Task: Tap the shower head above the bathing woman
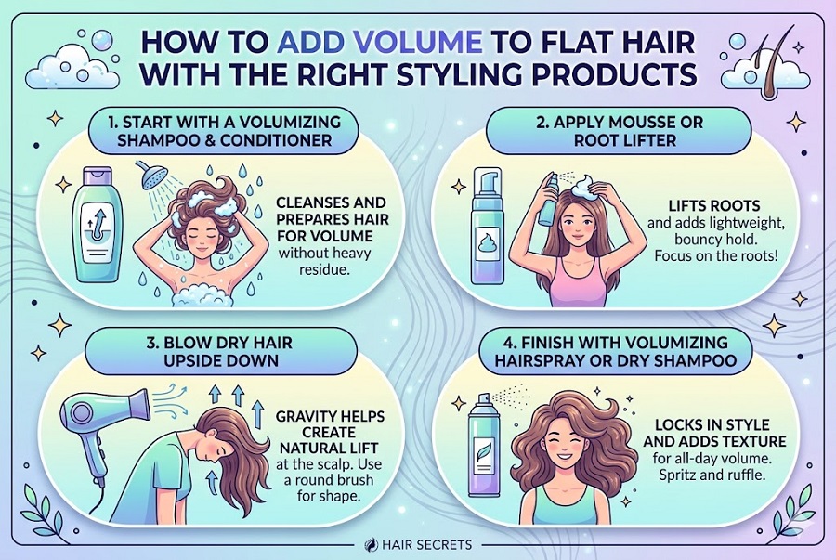click(x=153, y=175)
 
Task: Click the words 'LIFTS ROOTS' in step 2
click(x=714, y=205)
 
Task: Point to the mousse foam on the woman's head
click(x=585, y=187)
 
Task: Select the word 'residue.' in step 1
click(x=324, y=269)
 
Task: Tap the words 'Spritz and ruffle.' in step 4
click(x=712, y=475)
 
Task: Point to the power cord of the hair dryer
click(x=96, y=498)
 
